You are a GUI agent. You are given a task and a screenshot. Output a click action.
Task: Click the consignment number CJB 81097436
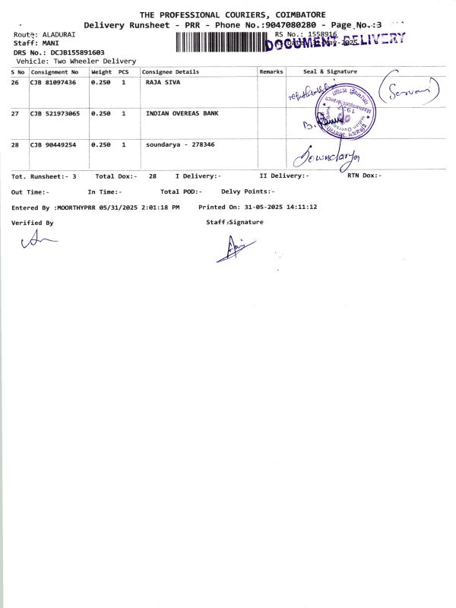[53, 82]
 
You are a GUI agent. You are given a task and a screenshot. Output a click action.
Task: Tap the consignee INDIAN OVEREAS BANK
[181, 113]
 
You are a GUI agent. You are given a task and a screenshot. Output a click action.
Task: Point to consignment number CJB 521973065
[55, 113]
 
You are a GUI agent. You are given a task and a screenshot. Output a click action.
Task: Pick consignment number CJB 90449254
[53, 144]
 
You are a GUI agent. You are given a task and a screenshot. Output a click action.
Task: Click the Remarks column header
[271, 71]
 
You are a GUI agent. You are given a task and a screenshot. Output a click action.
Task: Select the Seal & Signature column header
[330, 71]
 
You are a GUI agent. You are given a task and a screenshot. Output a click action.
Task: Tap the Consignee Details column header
[170, 71]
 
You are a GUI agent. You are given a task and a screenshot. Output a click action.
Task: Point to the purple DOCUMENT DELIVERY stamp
[334, 42]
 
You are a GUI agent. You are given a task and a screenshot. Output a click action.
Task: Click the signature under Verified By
[39, 241]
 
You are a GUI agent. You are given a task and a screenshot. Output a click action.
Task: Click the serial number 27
[15, 113]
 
